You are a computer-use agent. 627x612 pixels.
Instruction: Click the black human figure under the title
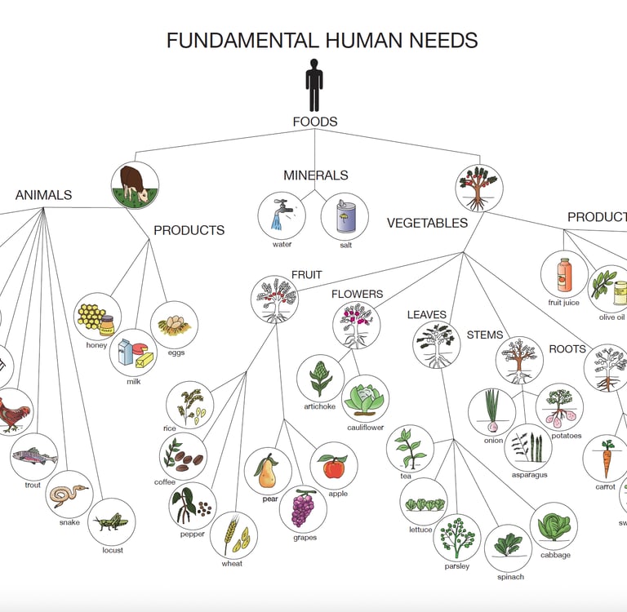[x=314, y=84]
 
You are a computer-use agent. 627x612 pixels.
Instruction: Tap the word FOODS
[x=314, y=122]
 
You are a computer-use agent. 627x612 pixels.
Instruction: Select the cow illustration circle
[x=135, y=184]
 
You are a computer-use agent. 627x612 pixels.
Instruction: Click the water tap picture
[x=282, y=215]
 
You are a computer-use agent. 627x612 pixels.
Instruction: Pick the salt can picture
[x=344, y=216]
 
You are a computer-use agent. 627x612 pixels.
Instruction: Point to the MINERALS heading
[x=315, y=175]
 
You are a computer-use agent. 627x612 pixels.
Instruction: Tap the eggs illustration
[x=174, y=325]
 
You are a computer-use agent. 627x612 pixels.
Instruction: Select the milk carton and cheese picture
[x=133, y=353]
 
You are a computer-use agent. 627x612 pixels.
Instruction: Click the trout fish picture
[x=33, y=457]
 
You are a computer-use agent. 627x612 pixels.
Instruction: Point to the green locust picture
[x=111, y=521]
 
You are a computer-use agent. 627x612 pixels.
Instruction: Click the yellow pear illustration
[x=268, y=471]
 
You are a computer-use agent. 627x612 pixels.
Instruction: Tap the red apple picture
[x=334, y=466]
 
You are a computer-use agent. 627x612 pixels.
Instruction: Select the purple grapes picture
[x=303, y=508]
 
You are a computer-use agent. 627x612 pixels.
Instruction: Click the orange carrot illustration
[x=606, y=459]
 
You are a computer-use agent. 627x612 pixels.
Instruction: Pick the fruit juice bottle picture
[x=564, y=274]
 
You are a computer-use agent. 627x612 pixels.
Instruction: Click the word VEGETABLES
[x=427, y=224]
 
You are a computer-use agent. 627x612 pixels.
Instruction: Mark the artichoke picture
[x=320, y=377]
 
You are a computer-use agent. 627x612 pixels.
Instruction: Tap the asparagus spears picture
[x=527, y=448]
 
